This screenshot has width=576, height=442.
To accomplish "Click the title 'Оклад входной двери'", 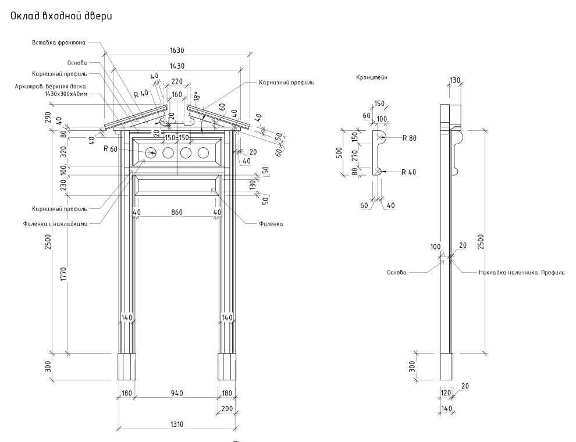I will tap(61, 17).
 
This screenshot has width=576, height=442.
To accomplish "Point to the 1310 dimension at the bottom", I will tap(177, 424).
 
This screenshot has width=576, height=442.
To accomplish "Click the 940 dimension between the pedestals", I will tap(177, 394).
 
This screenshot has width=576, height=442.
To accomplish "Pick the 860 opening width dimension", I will tap(177, 213).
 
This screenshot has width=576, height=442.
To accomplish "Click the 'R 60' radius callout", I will tap(111, 149).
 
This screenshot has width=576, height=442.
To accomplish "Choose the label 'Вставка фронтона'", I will tap(59, 42).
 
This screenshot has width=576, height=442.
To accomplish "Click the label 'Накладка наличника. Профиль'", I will tap(521, 272).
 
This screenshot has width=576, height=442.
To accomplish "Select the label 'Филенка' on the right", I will tap(271, 223).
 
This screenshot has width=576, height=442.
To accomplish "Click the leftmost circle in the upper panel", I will tap(151, 153).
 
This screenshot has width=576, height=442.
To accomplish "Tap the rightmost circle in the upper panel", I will tap(203, 153).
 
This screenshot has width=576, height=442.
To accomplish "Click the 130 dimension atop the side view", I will tap(455, 80).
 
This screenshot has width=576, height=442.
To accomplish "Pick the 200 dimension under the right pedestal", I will tap(226, 409).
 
